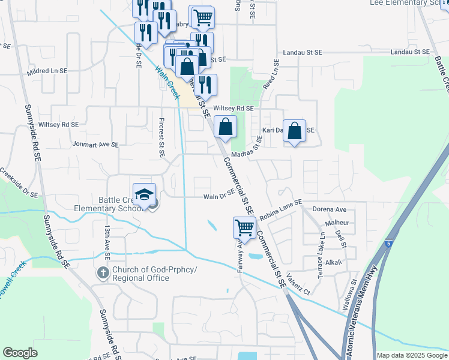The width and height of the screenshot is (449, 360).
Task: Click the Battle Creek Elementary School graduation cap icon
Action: point(144,194)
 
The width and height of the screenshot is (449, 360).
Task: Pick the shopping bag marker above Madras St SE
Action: point(225,127)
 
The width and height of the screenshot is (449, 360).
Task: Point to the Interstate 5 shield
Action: point(390,244)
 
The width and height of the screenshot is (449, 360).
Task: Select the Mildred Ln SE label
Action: point(47,71)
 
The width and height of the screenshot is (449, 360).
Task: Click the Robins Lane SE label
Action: point(280,206)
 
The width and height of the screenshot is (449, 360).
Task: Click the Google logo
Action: point(20,353)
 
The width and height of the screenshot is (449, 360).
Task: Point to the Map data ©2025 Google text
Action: point(411,355)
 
